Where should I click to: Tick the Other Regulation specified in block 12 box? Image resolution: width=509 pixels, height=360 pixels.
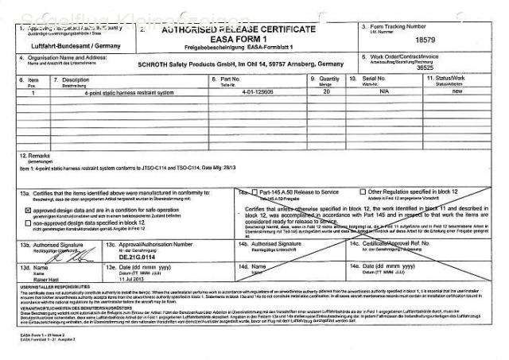pos(363,192)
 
